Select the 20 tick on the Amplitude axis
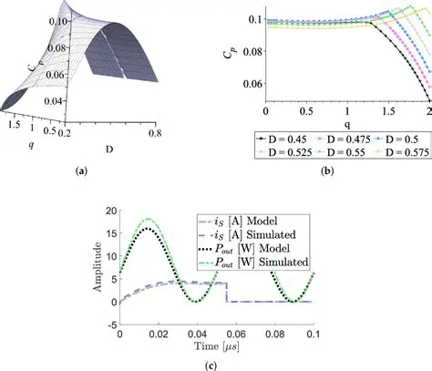click(x=112, y=211)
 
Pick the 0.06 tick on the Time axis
click(x=252, y=335)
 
